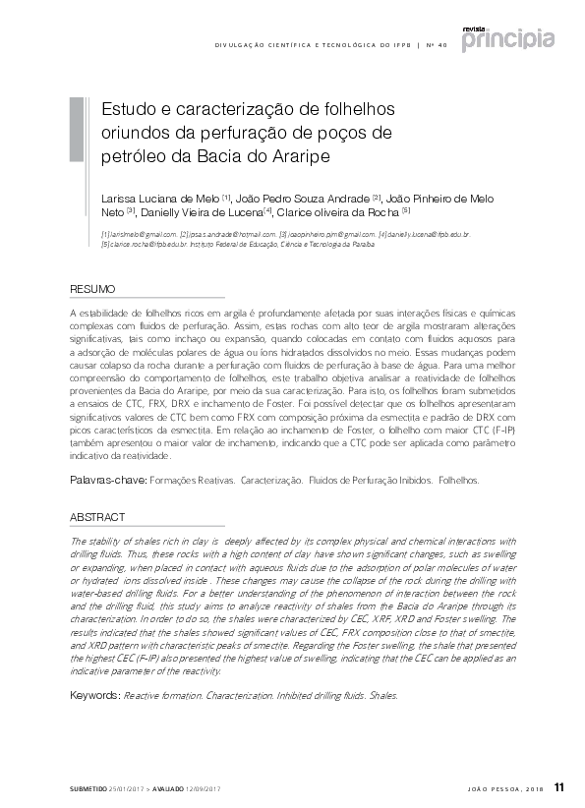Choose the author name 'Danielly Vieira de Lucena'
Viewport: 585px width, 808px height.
(201, 211)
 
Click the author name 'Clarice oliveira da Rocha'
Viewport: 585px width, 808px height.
(337, 211)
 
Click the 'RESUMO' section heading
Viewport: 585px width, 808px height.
(92, 289)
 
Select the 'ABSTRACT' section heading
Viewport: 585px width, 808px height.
(97, 517)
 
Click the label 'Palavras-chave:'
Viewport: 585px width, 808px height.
(106, 482)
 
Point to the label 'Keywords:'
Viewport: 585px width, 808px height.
(94, 695)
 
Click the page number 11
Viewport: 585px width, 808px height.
(560, 786)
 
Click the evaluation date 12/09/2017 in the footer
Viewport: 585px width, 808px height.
(202, 789)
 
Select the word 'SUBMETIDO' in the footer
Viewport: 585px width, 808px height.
(88, 789)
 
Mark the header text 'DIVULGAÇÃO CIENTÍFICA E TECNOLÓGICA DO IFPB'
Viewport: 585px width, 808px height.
(312, 46)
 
